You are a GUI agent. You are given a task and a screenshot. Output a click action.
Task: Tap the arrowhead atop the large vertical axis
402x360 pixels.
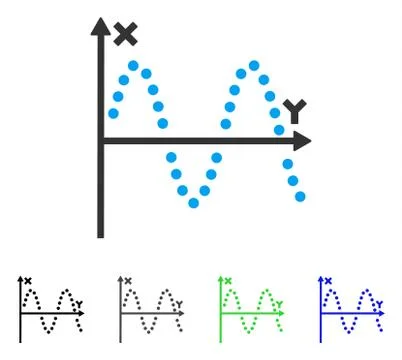pyautogui.click(x=100, y=25)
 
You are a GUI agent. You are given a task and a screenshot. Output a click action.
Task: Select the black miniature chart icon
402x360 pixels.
pyautogui.click(x=51, y=307)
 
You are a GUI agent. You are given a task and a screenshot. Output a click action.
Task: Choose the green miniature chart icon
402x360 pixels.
pyautogui.click(x=251, y=307)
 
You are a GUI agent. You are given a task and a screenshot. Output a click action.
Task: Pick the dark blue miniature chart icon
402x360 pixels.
pyautogui.click(x=351, y=307)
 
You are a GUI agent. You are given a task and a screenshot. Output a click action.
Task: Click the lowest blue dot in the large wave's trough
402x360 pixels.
pyautogui.click(x=194, y=203)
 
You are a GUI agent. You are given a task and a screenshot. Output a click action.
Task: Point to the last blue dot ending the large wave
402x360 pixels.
pyautogui.click(x=300, y=196)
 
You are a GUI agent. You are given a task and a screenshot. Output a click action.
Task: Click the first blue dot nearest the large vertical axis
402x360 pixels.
pyautogui.click(x=113, y=114)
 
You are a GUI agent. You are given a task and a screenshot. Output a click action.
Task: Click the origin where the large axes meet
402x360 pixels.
pyautogui.click(x=100, y=140)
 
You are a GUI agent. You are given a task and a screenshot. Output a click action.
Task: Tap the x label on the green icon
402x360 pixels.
pyautogui.click(x=229, y=281)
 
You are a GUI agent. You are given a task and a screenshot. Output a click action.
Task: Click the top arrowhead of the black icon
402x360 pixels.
pyautogui.click(x=22, y=279)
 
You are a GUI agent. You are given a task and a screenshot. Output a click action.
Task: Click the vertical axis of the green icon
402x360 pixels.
pyautogui.click(x=222, y=310)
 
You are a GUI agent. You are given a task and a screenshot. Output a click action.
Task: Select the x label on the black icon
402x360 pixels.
pyautogui.click(x=29, y=281)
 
